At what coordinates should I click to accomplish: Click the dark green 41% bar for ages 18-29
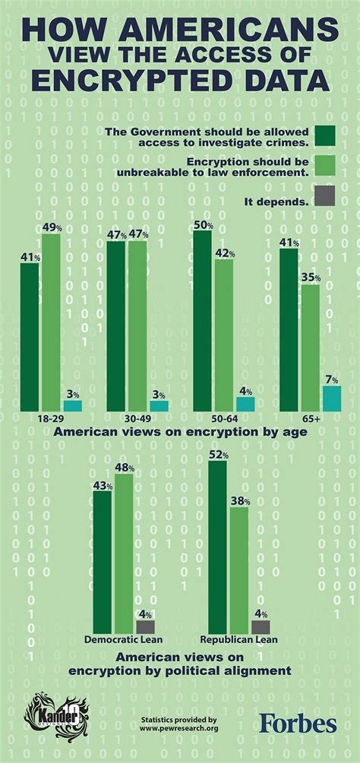point(29,336)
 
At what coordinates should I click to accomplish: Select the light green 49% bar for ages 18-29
point(51,322)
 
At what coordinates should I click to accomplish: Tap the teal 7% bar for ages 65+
point(332,397)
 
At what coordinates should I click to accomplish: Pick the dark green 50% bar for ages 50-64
point(203,320)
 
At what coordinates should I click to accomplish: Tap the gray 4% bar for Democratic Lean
point(145,627)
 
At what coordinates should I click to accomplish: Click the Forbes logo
point(298,724)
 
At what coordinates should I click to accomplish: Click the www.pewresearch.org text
point(179,729)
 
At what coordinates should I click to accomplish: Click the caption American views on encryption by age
point(179,431)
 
